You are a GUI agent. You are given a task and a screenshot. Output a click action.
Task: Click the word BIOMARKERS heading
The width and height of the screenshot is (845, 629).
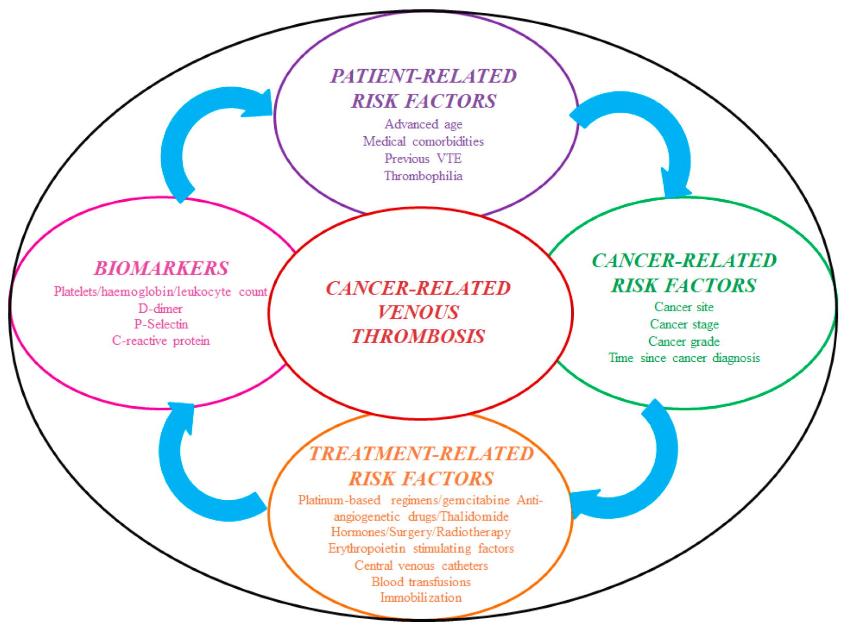[x=161, y=268]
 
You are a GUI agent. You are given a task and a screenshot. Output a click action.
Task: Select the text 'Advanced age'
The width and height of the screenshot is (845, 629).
[x=423, y=124]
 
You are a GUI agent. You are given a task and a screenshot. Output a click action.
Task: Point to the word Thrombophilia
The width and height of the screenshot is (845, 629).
[x=423, y=176]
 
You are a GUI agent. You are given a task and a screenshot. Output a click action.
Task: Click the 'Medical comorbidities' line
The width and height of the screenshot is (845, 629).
[x=423, y=141]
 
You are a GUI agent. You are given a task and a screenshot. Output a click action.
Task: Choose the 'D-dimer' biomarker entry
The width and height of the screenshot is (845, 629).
[x=161, y=309]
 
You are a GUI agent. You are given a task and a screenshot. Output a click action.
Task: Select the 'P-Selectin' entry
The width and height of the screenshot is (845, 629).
[x=161, y=324]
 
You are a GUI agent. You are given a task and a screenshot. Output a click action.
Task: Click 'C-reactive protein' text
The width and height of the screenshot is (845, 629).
[x=161, y=341]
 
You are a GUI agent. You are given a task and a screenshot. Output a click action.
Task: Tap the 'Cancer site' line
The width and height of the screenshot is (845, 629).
[x=683, y=307]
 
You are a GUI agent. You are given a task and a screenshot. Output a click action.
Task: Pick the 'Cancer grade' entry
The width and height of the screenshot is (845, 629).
[x=683, y=342]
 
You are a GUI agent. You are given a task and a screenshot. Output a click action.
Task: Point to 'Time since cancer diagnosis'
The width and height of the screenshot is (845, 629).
[x=683, y=358]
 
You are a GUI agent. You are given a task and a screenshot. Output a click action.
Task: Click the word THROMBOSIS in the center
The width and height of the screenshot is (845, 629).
[x=418, y=336]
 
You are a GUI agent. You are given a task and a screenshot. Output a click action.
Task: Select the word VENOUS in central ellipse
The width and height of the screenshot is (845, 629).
[x=418, y=312]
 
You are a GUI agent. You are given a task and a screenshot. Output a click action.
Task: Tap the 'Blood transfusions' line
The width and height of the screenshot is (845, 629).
[x=421, y=582]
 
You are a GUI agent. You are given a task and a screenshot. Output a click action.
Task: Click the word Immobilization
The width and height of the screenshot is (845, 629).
[x=421, y=598]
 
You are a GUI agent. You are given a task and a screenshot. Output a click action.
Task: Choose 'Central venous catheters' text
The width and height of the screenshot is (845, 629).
[x=421, y=566]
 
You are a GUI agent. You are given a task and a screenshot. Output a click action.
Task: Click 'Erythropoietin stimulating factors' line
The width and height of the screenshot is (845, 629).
[x=421, y=549]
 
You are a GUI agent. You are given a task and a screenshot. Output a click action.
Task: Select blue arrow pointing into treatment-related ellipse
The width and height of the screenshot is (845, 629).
[x=646, y=475]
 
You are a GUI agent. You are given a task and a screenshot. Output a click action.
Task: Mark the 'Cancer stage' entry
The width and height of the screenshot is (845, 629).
[x=684, y=324]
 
